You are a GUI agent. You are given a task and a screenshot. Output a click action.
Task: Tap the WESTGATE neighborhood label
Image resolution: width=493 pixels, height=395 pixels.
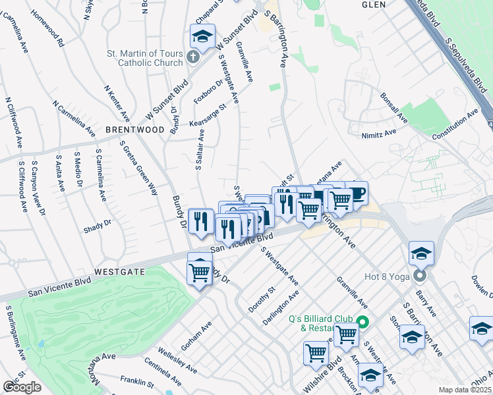[x=119, y=271]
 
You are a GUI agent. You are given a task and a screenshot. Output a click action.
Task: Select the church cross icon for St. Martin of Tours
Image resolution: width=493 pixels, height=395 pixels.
[x=191, y=57]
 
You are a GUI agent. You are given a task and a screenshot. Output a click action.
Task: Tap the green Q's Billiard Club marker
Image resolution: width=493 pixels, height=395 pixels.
[x=361, y=323]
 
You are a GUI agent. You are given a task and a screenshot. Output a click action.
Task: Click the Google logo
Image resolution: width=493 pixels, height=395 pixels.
[x=22, y=387]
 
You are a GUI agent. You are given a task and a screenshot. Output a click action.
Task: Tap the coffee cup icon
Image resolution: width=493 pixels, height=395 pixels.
[x=356, y=193]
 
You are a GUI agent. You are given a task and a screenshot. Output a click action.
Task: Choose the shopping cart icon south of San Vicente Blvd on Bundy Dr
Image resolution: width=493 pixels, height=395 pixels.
[x=200, y=271]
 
